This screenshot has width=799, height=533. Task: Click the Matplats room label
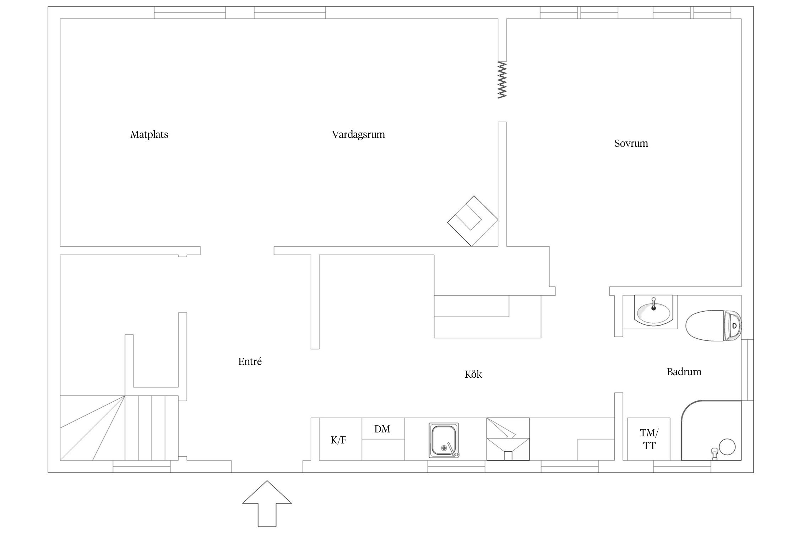pos(149,135)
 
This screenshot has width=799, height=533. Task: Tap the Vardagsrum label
pos(358,135)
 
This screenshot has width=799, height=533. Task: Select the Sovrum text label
pos(631,143)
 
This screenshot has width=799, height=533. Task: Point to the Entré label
pos(250,361)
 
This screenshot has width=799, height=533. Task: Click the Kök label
pos(473,374)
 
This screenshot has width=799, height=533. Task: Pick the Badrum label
pos(684,372)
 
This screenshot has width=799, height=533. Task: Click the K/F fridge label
pos(338,440)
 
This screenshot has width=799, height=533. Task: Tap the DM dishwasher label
pos(382,429)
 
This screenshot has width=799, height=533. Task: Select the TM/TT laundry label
pos(649,439)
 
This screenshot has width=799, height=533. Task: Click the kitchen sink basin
pos(444,440)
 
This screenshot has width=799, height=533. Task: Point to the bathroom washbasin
pos(653,311)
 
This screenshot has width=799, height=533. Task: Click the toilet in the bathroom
pos(713,325)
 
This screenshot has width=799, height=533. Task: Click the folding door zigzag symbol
pos(502,80)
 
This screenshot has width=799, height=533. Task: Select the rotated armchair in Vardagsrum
pos(472,221)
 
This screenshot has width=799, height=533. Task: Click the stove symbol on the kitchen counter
pos(508,439)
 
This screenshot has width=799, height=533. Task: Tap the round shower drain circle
pos(727,447)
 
